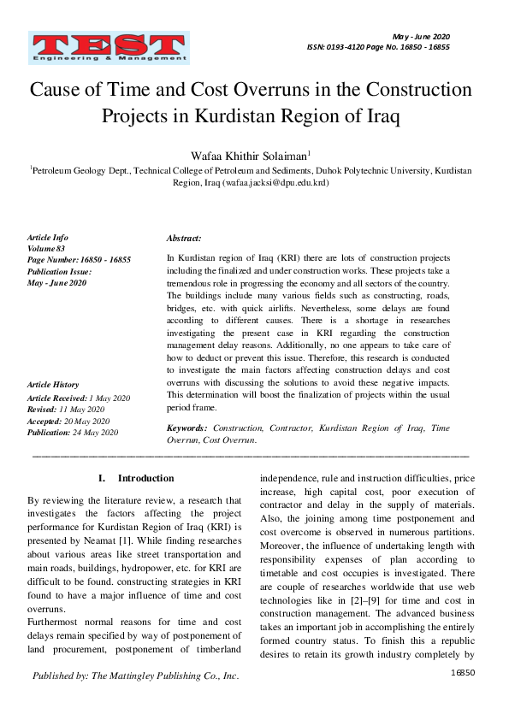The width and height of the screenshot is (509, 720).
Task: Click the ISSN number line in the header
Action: coord(377,48)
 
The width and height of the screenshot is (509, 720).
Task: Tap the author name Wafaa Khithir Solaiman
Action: coord(253,155)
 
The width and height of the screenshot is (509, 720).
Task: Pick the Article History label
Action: coord(53,386)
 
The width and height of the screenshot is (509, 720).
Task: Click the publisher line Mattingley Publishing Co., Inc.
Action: coord(135,676)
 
